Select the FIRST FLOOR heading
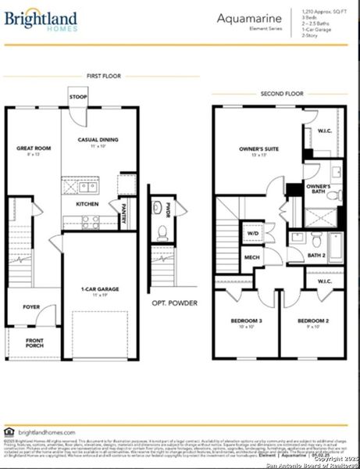pyautogui.click(x=102, y=76)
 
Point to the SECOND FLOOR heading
pyautogui.click(x=279, y=94)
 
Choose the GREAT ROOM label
pyautogui.click(x=33, y=148)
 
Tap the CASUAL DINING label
pyautogui.click(x=98, y=141)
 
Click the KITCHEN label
pyautogui.click(x=87, y=204)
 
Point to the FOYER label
pyautogui.click(x=30, y=307)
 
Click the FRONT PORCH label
pyautogui.click(x=33, y=342)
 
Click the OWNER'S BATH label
pyautogui.click(x=318, y=189)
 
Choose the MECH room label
pyautogui.click(x=252, y=256)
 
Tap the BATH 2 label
pyautogui.click(x=316, y=255)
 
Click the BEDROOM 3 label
pyautogui.click(x=247, y=322)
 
